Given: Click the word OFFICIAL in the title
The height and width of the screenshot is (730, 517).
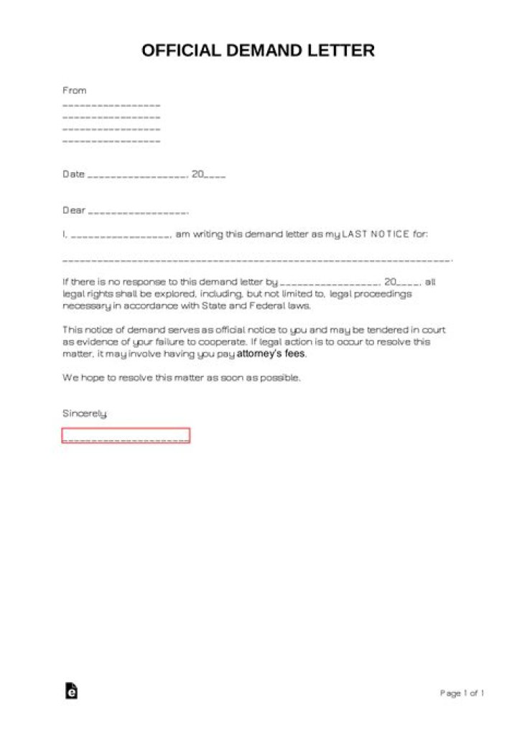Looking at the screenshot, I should [x=181, y=51].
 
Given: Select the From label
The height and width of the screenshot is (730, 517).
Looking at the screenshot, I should [x=74, y=90].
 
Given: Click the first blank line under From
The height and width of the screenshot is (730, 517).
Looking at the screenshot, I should [x=111, y=105].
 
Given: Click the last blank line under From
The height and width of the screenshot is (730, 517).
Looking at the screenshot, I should [x=111, y=142].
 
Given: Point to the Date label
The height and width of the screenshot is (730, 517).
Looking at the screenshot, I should [x=73, y=174].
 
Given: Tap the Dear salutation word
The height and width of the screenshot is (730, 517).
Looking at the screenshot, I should [x=73, y=211].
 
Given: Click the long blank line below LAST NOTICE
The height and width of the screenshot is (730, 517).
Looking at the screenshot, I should [x=257, y=260].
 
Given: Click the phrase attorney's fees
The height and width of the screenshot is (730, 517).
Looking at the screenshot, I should [x=271, y=354].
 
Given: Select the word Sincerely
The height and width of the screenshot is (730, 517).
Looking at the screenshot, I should [x=85, y=414].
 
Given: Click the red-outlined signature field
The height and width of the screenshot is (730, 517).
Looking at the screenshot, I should [x=126, y=435].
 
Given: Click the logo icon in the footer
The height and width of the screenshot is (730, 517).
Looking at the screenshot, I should [x=70, y=691].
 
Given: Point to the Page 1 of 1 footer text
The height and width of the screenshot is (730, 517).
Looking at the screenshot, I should [x=462, y=693].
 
